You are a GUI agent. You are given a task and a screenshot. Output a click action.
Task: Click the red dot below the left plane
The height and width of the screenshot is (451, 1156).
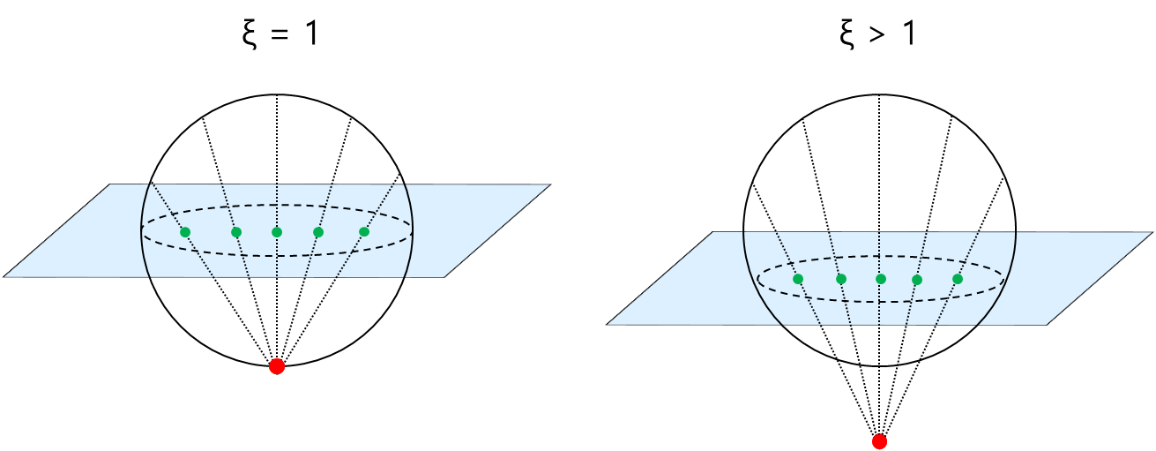pos(277,366)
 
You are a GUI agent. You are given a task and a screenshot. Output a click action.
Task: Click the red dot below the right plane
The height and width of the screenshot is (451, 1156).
pos(879,440)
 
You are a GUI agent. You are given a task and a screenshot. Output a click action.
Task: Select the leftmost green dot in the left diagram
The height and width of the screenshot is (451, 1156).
pos(185,232)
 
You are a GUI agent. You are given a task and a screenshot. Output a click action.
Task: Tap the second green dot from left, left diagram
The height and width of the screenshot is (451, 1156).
pos(236,232)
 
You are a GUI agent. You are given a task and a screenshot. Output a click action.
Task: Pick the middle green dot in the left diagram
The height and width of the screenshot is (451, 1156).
pos(277,232)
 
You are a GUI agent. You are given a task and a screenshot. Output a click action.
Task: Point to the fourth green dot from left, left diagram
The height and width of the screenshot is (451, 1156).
pos(318,232)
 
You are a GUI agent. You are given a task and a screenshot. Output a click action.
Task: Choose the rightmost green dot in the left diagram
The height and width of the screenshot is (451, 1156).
pos(364,232)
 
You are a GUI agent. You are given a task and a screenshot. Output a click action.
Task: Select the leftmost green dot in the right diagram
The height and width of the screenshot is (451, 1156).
pos(798,279)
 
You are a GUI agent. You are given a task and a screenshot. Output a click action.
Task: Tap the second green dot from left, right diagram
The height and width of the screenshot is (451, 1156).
pos(841,279)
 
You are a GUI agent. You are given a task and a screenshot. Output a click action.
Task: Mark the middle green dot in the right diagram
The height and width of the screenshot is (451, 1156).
pos(881,279)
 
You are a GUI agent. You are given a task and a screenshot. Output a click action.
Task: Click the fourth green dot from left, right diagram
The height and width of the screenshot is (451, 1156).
pos(917,280)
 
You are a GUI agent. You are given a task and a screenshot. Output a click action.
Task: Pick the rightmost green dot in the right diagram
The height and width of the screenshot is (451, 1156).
pos(958,279)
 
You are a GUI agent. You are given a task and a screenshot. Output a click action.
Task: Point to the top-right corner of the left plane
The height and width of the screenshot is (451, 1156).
pos(550,184)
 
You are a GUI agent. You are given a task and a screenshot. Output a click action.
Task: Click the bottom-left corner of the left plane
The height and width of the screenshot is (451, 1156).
pos(4,277)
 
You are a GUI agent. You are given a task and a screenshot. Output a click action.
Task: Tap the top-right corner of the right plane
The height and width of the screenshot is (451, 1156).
pos(1152,232)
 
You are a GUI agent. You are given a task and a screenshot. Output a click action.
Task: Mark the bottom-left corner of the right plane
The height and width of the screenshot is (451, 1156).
pos(607,325)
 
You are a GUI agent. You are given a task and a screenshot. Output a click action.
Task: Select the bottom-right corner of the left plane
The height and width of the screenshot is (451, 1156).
pos(444,278)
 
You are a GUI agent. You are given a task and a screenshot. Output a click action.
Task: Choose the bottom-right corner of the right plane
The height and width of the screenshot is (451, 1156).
pos(1047,326)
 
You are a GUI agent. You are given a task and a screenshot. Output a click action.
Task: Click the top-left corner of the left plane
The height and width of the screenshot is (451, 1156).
pos(110,184)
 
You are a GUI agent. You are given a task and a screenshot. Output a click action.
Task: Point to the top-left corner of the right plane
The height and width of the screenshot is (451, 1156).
pos(712,232)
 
